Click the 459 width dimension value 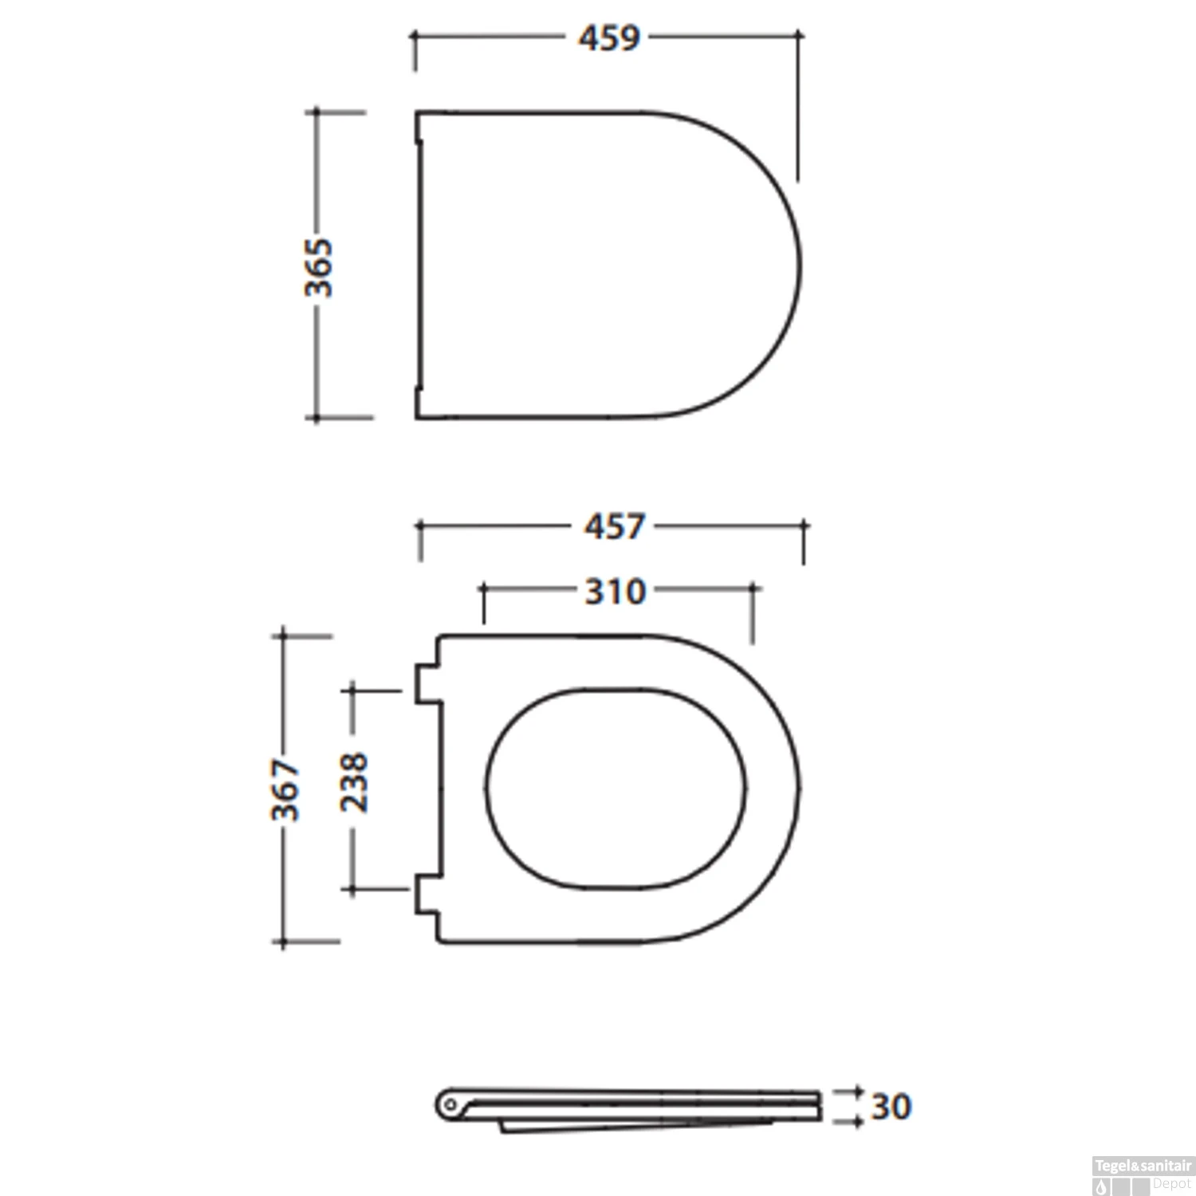pyautogui.click(x=609, y=37)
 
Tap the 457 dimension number pyautogui.click(x=613, y=526)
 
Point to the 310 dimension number pyautogui.click(x=615, y=592)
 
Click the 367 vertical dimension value pyautogui.click(x=285, y=789)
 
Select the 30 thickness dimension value pyautogui.click(x=890, y=1107)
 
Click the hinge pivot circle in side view pyautogui.click(x=450, y=1105)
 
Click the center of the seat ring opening pyautogui.click(x=616, y=788)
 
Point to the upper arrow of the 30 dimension pyautogui.click(x=856, y=1089)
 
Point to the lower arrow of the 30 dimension pyautogui.click(x=856, y=1122)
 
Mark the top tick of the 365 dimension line pyautogui.click(x=317, y=112)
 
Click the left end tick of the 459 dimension pyautogui.click(x=414, y=37)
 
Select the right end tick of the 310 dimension pyautogui.click(x=752, y=589)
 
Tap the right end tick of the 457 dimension pyautogui.click(x=804, y=526)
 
